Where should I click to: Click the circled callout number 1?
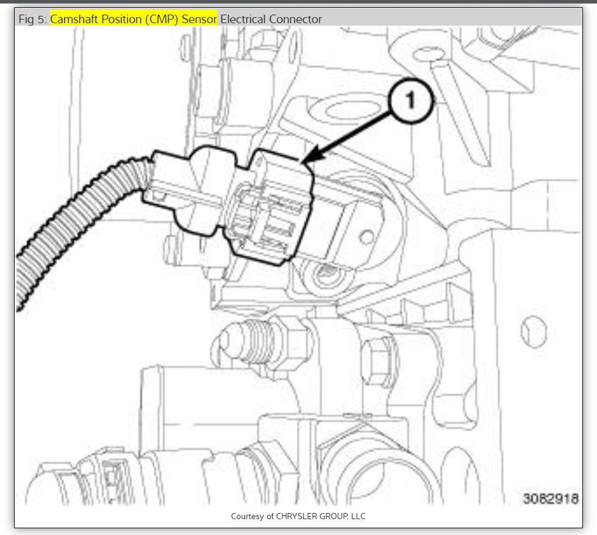[410, 101]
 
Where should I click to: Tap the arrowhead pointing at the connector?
[313, 157]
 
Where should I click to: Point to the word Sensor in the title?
[199, 19]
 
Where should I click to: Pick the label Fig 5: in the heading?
[32, 19]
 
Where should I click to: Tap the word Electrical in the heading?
[243, 19]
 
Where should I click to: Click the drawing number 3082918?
[551, 498]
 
